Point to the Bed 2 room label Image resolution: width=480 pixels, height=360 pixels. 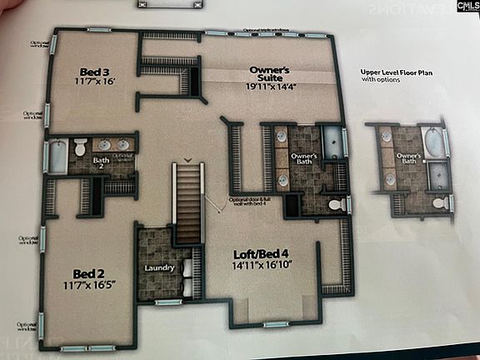[88, 273]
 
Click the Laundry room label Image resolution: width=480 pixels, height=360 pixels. [158, 268]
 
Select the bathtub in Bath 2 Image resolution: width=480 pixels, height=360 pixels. [57, 157]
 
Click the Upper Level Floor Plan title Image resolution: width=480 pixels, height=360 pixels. [397, 72]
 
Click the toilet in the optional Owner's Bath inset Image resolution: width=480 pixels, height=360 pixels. [438, 202]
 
